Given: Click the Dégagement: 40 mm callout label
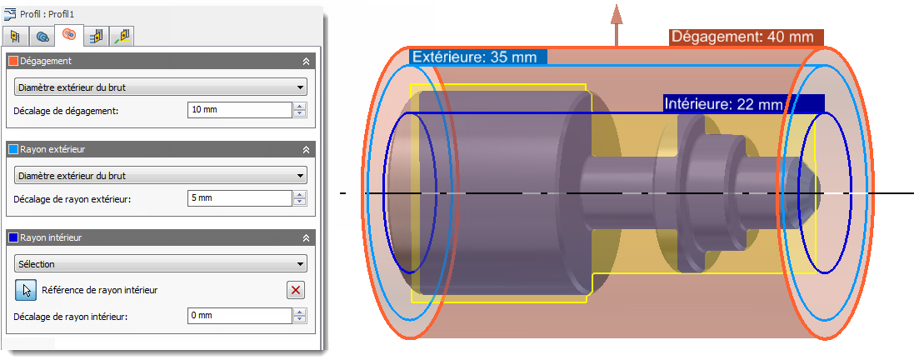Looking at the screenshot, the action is tap(747, 37).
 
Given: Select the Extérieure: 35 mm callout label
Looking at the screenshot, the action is tap(478, 57).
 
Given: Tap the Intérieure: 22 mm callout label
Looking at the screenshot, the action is tap(743, 104).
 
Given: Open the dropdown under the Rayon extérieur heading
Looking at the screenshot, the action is tap(160, 175).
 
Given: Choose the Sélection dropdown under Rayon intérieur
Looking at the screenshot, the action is tap(160, 263).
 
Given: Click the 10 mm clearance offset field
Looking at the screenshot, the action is tap(240, 110).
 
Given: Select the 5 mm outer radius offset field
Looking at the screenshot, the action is tap(240, 197).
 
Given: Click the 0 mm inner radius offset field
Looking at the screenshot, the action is tap(240, 316).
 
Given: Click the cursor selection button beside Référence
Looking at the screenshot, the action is tap(26, 289).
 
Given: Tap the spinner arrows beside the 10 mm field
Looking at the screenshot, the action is tap(300, 110).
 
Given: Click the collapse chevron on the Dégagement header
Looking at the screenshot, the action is tap(306, 62).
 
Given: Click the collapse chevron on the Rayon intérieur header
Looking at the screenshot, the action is tap(306, 238).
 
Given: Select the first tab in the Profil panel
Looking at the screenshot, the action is tap(17, 37).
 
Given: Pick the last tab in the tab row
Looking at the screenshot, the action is tap(122, 37).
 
